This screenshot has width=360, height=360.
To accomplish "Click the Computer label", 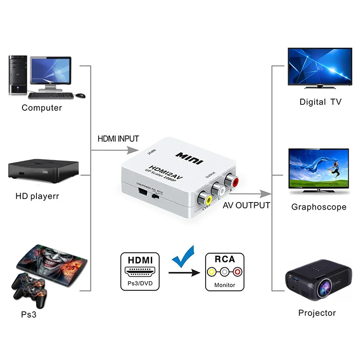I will coord(42,108).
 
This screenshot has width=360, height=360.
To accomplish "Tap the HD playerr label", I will coord(37,196).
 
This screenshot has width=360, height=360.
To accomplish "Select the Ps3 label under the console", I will coord(28,315).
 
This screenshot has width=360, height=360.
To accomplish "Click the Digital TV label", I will coord(320,102).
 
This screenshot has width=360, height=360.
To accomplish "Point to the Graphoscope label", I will coord(319,207).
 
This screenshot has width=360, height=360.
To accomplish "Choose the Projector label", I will coord(317,313).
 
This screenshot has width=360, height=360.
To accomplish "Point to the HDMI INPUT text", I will coord(118,139).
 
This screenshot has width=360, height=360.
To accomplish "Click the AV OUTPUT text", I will coord(247,206).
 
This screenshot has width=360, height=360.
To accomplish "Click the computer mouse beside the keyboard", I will coord(80,95).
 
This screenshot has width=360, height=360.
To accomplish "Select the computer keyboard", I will coord(50,95).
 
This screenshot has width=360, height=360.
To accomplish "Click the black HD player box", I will coord(43,170).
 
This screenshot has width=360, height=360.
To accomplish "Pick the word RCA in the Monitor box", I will coord(225,259).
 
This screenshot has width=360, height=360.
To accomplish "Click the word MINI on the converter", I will coord(189,158).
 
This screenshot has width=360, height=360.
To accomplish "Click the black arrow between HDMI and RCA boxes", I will coord(184,272).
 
